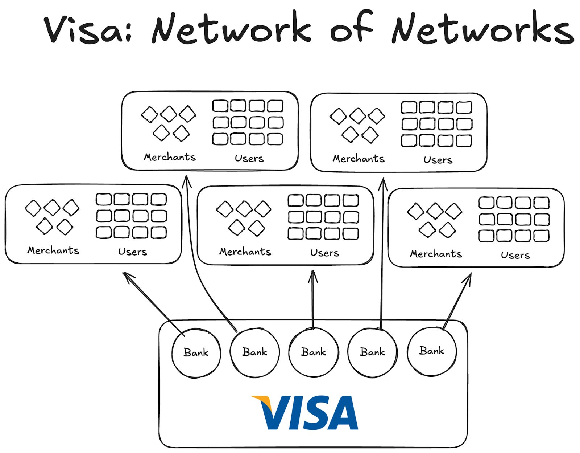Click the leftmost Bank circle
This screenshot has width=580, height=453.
[196, 353]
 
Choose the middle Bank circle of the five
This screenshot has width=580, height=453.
[314, 352]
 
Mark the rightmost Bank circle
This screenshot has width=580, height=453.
[432, 351]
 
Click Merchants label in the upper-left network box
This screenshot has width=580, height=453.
[170, 157]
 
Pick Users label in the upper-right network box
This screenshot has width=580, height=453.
[438, 160]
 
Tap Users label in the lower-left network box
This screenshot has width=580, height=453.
[133, 252]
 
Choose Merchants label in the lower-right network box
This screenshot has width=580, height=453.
[436, 254]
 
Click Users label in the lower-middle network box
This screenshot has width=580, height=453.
[324, 253]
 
